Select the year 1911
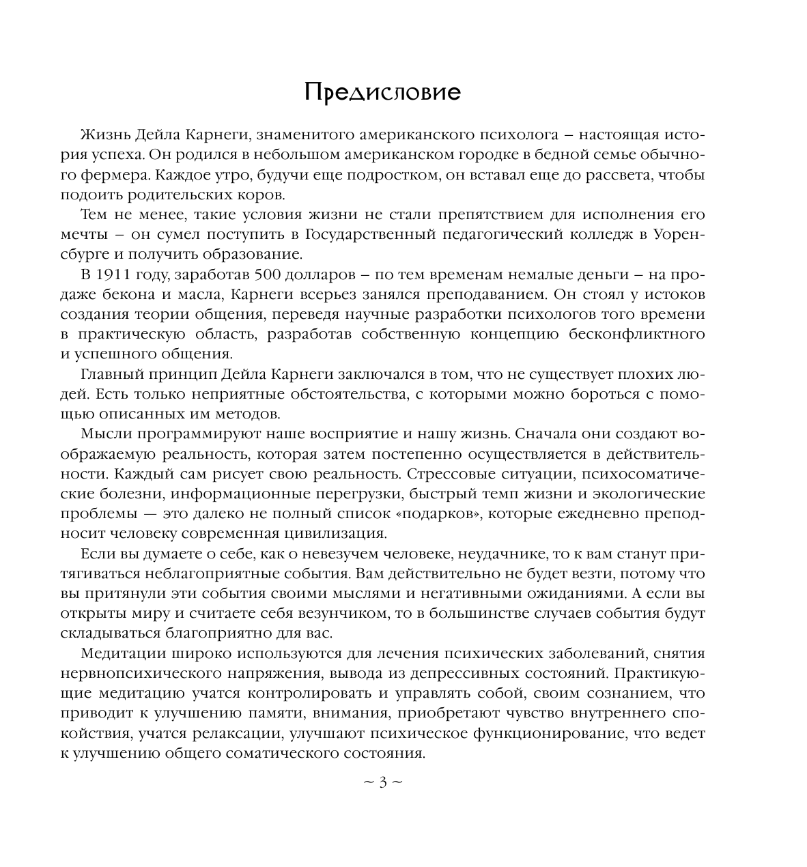pyautogui.click(x=113, y=276)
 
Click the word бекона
pyautogui.click(x=147, y=295)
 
